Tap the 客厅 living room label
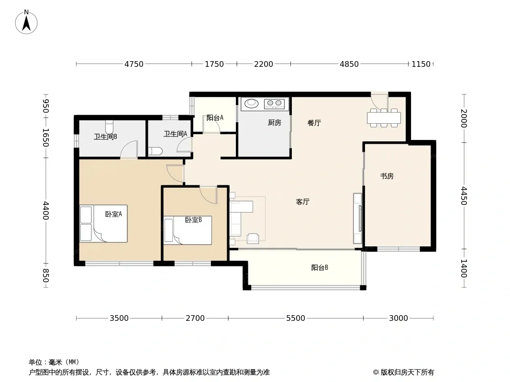302,202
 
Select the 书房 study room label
387,176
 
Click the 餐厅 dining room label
314,123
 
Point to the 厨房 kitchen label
274,123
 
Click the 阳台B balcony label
320,268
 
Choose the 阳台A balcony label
215,117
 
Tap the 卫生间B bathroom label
105,137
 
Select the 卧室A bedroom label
113,214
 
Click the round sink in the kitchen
251,103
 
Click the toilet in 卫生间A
155,151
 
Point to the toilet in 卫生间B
110,127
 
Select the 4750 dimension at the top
134,64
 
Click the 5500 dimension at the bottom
295,318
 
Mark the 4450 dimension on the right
464,196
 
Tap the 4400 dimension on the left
46,211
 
